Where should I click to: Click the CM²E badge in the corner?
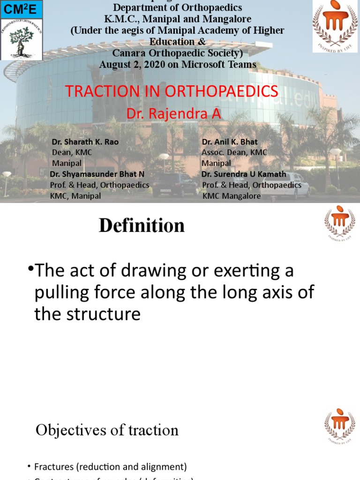click(x=22, y=8)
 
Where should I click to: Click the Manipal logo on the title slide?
click(x=334, y=28)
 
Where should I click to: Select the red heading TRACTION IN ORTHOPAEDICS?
click(x=172, y=91)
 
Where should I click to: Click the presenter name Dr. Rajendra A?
click(x=174, y=113)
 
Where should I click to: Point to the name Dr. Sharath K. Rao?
click(x=85, y=142)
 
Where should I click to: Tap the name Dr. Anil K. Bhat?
click(x=230, y=142)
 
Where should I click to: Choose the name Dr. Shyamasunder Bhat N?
click(x=97, y=174)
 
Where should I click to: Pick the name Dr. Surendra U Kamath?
click(x=244, y=174)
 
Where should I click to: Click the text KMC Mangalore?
click(x=232, y=196)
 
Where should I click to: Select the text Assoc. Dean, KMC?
click(x=234, y=152)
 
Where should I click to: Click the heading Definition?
click(x=142, y=226)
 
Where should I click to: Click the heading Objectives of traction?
click(x=107, y=430)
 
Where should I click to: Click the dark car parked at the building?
click(x=174, y=185)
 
